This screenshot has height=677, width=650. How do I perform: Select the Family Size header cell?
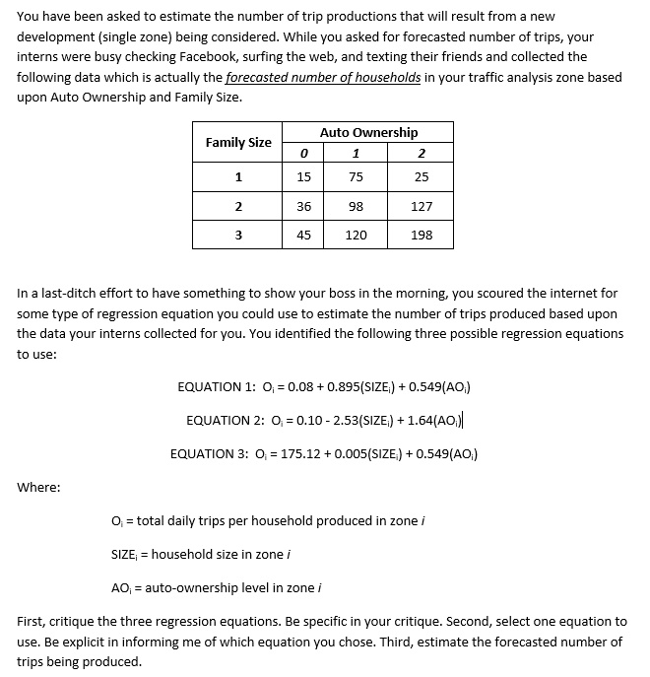click(238, 142)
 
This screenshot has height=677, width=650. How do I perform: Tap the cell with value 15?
click(303, 177)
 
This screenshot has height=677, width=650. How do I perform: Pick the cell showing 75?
click(356, 177)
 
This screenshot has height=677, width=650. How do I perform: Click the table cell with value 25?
click(422, 177)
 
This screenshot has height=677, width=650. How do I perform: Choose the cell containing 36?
click(303, 206)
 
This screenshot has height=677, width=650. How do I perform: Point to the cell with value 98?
click(356, 206)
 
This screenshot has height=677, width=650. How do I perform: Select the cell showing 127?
click(422, 206)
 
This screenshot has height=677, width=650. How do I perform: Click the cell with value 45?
click(303, 235)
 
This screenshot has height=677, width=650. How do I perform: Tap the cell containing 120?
click(356, 235)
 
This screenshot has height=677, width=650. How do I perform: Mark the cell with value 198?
click(422, 235)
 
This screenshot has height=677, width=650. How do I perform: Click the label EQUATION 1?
click(210, 387)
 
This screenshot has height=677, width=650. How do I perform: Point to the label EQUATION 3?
click(203, 454)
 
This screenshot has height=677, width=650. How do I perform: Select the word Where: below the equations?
click(38, 487)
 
